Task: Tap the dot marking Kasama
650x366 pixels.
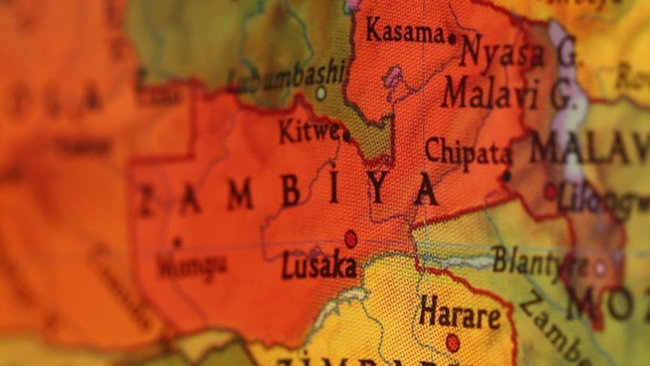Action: [x=452, y=37]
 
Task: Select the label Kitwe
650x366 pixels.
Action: [x=309, y=130]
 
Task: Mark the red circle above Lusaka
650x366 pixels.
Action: [x=350, y=238]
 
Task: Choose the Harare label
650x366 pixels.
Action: [x=460, y=312]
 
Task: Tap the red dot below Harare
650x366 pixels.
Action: [x=453, y=342]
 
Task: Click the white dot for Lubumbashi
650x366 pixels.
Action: [x=321, y=94]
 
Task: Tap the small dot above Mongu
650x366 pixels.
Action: [x=177, y=242]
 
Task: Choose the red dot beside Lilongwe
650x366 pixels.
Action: [x=550, y=192]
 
